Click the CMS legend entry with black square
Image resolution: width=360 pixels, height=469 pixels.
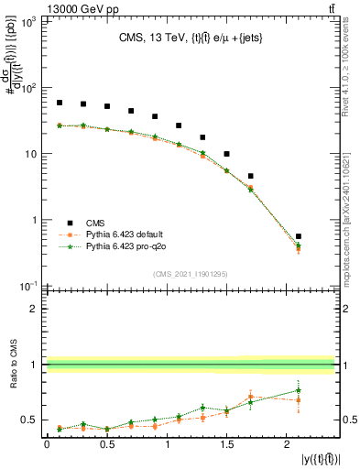[92, 223]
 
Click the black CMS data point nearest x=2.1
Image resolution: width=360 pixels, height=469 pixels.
[299, 236]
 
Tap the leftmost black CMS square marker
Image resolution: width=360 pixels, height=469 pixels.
[60, 103]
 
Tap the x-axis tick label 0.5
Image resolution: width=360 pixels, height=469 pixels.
[106, 443]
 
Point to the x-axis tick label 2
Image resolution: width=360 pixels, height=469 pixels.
[287, 443]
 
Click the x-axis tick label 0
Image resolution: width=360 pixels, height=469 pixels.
[47, 443]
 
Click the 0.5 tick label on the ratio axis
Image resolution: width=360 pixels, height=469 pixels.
[29, 420]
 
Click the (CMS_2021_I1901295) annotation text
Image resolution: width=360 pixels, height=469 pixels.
[191, 273]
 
